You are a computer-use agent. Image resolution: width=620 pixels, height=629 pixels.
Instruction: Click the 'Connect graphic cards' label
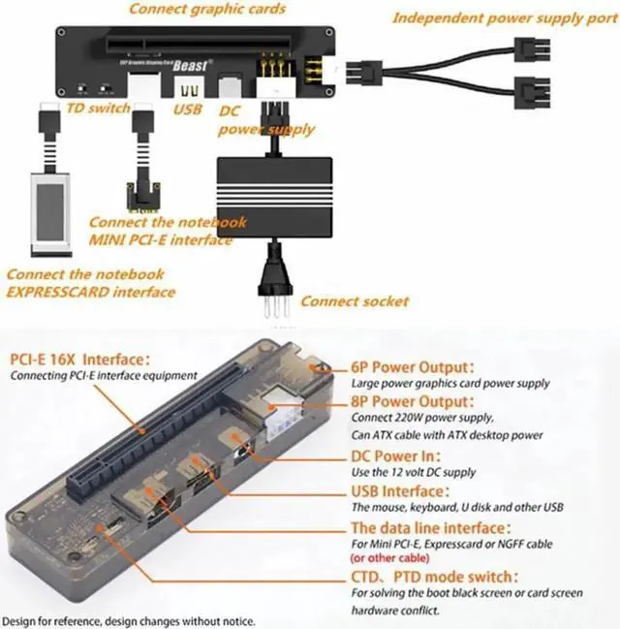(207, 10)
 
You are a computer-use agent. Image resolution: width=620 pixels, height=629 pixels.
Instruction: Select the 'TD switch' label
(98, 108)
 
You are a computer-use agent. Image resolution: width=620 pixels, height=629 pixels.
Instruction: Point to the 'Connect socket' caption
(354, 301)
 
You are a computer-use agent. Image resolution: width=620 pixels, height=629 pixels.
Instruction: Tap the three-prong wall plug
(275, 291)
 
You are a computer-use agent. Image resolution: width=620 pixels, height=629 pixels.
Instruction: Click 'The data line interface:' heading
(427, 527)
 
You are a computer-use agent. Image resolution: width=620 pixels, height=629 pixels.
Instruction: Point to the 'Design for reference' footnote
(131, 620)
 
